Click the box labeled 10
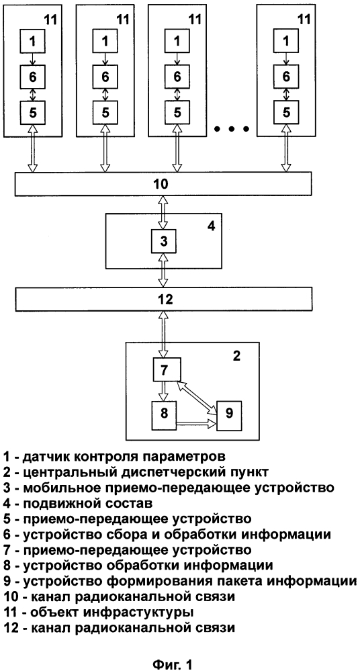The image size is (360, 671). click(163, 183)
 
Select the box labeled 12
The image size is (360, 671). click(163, 299)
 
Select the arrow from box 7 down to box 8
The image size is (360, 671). click(163, 392)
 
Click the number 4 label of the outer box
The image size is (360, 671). click(211, 225)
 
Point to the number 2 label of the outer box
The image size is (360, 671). click(236, 355)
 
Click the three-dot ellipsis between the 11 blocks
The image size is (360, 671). click(232, 128)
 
